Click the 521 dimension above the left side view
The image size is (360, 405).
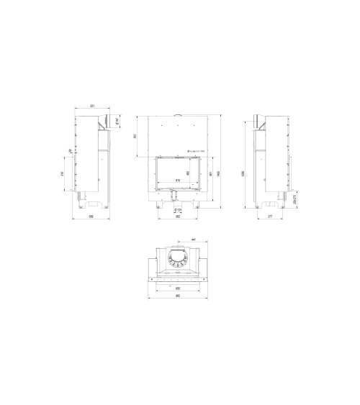coord(91,106)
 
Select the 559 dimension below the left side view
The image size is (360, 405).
coord(91,216)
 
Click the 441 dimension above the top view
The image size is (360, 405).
coord(194,240)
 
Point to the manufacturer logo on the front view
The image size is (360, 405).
coord(194,152)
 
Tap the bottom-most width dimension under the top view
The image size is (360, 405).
coord(177,297)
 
